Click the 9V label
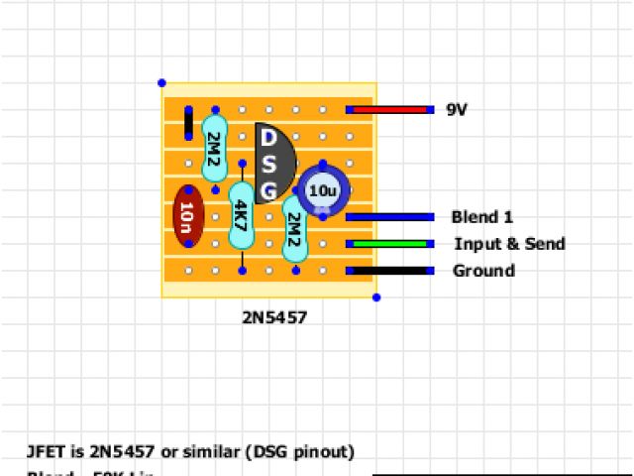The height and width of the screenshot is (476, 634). point(457,110)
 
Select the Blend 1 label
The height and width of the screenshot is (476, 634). point(481,217)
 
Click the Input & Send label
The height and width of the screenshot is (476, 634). point(509,244)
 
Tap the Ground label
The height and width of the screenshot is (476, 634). point(483,271)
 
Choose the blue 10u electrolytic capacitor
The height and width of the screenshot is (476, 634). point(322,190)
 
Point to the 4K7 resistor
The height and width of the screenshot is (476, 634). point(241,216)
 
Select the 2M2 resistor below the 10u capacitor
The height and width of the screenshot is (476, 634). point(294,229)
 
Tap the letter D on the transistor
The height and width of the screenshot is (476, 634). point(268,140)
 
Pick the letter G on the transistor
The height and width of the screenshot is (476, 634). point(268,188)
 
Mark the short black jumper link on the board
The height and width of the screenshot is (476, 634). point(188,124)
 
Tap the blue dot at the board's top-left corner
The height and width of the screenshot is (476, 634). point(161,83)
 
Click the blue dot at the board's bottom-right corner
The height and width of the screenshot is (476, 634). point(376,297)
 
